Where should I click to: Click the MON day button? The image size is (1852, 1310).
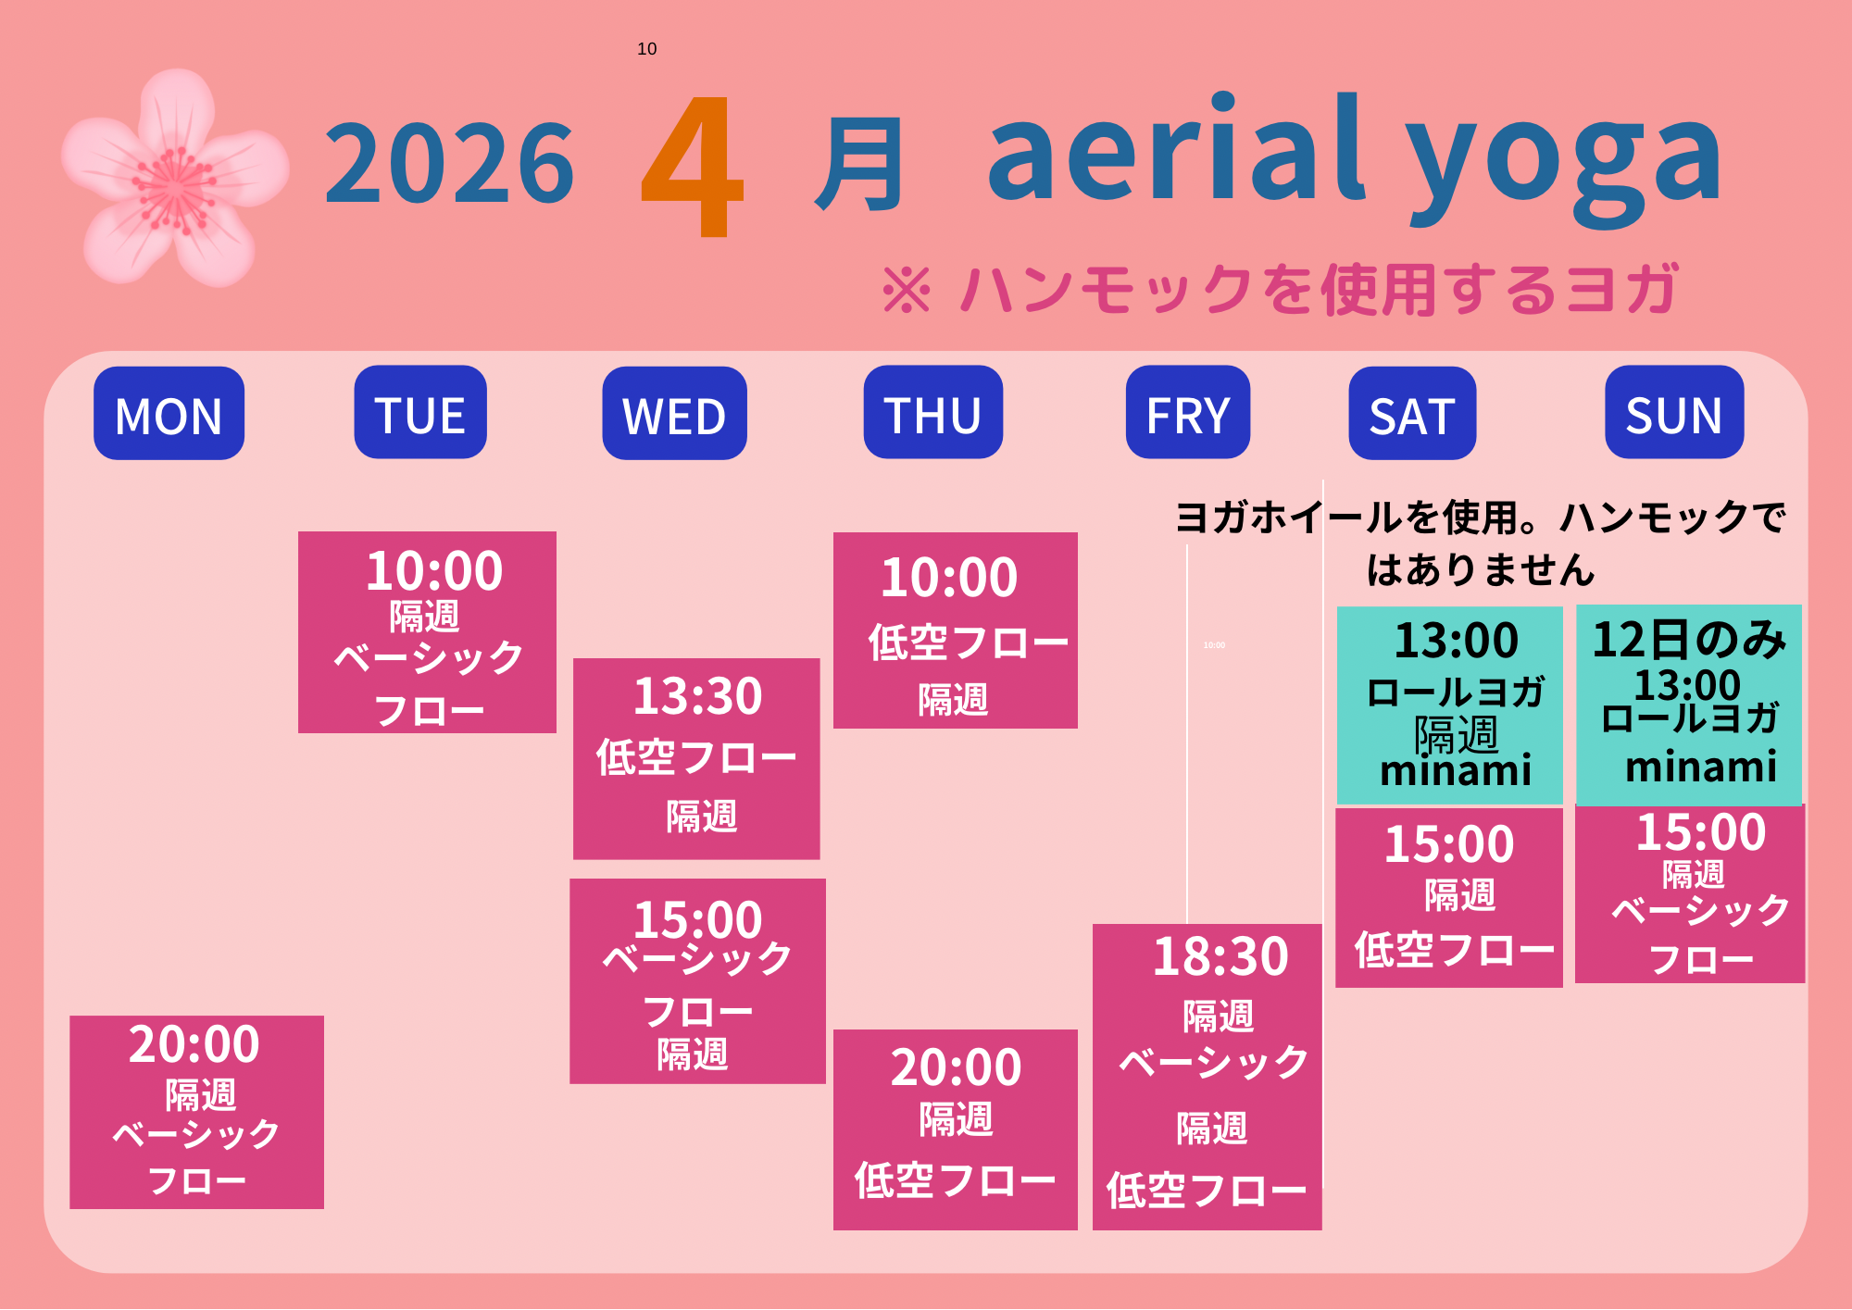point(169,413)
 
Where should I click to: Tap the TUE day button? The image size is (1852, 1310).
point(420,412)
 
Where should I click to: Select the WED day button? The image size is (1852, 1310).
point(674,413)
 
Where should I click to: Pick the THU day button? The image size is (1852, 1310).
point(932,412)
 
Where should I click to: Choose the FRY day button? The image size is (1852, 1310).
point(1188,412)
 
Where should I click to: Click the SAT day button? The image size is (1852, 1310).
point(1412,413)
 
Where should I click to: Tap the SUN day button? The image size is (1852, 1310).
point(1674,412)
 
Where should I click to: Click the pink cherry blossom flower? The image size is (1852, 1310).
point(174,179)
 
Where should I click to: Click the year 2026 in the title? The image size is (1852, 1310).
point(450,164)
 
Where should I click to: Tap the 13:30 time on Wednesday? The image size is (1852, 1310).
point(698,696)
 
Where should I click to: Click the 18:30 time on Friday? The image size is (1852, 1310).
point(1220,956)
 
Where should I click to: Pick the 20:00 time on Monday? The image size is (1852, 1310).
point(194,1044)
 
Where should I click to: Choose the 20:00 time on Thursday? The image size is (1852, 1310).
point(957,1067)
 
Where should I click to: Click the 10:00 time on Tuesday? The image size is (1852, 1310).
point(434,570)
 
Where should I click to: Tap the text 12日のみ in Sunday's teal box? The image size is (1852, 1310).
point(1689,640)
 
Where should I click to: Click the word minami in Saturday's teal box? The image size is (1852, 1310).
point(1456,770)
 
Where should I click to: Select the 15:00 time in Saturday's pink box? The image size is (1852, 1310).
point(1449,844)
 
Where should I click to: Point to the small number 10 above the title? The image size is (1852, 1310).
point(647,49)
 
